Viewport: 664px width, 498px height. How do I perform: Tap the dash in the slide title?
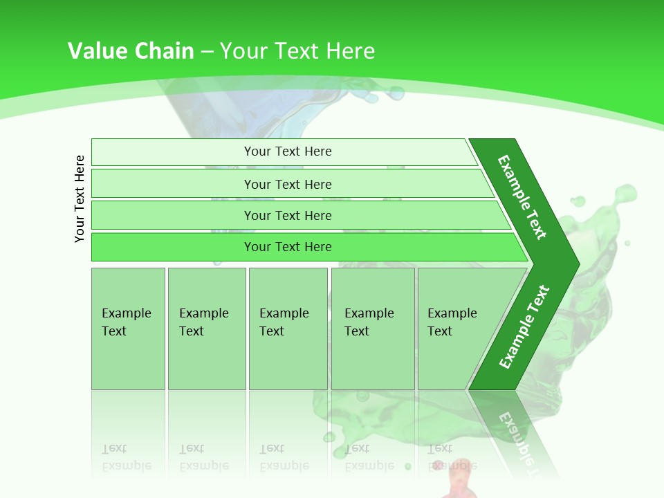[207, 52]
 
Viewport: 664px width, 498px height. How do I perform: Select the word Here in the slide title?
[350, 51]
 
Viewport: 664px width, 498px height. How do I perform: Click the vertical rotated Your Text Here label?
[80, 199]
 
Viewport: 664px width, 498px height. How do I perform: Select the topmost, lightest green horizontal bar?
[287, 151]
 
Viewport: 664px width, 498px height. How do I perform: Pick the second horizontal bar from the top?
[287, 184]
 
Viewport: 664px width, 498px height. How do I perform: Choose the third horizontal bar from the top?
[287, 215]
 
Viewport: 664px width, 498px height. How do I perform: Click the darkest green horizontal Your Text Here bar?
[287, 247]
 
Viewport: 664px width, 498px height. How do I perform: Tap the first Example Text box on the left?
[128, 328]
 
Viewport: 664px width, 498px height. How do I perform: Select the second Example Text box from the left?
[206, 328]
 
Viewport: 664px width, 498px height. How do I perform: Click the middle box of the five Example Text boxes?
[288, 328]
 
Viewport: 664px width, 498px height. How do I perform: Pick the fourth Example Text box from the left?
[372, 328]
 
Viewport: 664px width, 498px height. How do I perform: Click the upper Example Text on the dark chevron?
[522, 197]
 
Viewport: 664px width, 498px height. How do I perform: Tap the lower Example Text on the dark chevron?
[524, 326]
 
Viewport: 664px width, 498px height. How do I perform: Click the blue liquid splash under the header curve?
[277, 111]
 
